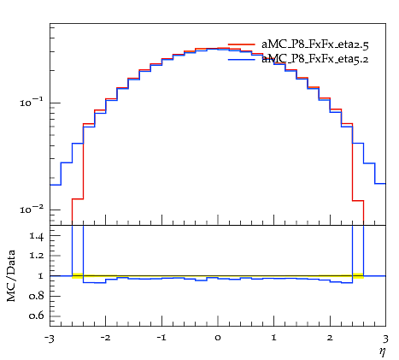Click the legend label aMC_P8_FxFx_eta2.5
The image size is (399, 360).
[x=315, y=44]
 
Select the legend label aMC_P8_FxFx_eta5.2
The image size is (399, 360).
[x=315, y=59]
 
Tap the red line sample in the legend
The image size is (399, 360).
[x=242, y=44]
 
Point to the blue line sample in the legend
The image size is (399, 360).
[x=242, y=59]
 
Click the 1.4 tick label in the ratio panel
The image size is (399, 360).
[x=37, y=236]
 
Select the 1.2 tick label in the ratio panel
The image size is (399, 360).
[x=37, y=255]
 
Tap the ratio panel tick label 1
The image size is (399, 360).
[x=41, y=276]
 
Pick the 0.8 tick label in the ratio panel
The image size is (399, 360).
[x=37, y=296]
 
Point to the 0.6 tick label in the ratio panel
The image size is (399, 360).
[x=37, y=316]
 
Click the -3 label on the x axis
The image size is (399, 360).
[x=50, y=339]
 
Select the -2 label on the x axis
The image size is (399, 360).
[x=105, y=338]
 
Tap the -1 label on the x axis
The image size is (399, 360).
[x=161, y=338]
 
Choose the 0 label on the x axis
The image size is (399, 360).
[x=218, y=338]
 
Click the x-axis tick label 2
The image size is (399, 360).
[x=330, y=338]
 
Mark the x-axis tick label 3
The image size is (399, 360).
[x=385, y=339]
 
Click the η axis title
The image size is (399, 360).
[x=383, y=352]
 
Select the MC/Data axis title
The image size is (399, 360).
[x=11, y=276]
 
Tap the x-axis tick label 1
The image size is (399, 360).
[x=273, y=338]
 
